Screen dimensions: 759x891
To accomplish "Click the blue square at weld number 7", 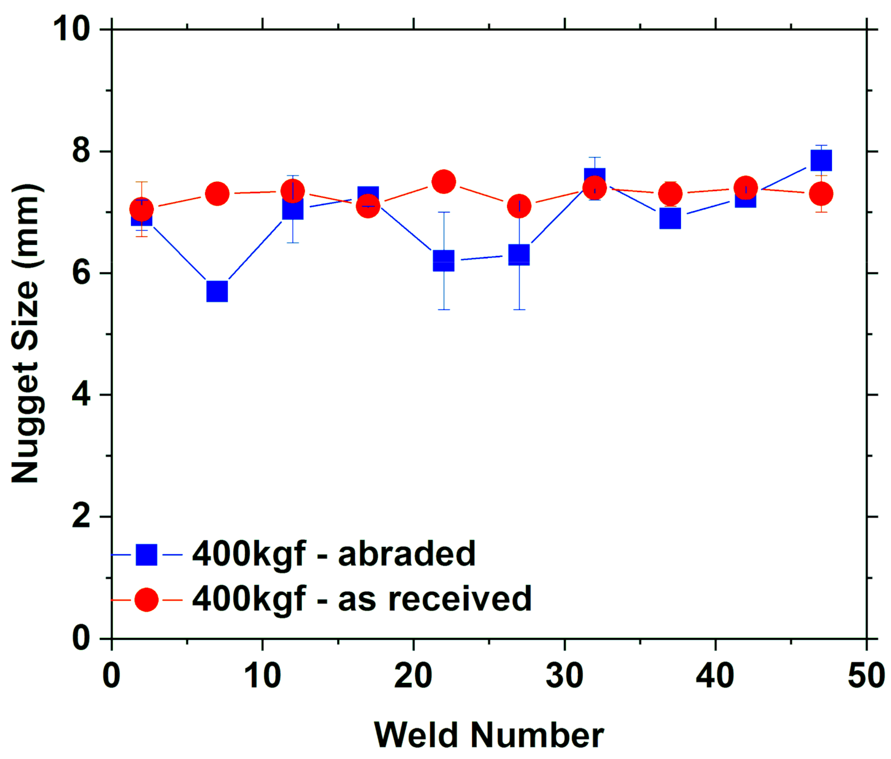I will click(x=217, y=291).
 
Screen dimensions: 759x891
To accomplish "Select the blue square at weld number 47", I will click(x=821, y=160).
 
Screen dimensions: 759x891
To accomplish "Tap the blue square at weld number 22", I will click(x=444, y=261).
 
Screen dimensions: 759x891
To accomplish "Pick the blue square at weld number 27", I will click(x=519, y=254).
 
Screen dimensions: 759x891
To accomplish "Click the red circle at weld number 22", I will click(x=444, y=181).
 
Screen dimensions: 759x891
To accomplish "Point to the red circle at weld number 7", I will click(x=217, y=193).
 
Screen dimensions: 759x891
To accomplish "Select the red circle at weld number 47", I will click(x=821, y=193).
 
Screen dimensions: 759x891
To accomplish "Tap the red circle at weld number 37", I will click(x=670, y=193).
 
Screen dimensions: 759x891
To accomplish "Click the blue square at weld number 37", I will click(x=670, y=218).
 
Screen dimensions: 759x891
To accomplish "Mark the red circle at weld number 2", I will click(x=142, y=209).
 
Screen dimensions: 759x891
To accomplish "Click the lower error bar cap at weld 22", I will click(x=444, y=310).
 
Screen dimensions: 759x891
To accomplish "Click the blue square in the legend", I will click(x=146, y=555).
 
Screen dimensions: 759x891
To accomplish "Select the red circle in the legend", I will click(x=146, y=600).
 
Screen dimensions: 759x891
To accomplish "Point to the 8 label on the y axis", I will click(x=81, y=151).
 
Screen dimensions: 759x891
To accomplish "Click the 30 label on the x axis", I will click(x=564, y=676).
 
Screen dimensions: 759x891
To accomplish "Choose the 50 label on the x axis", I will click(x=866, y=676).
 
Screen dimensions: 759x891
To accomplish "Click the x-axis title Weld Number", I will click(x=489, y=735).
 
